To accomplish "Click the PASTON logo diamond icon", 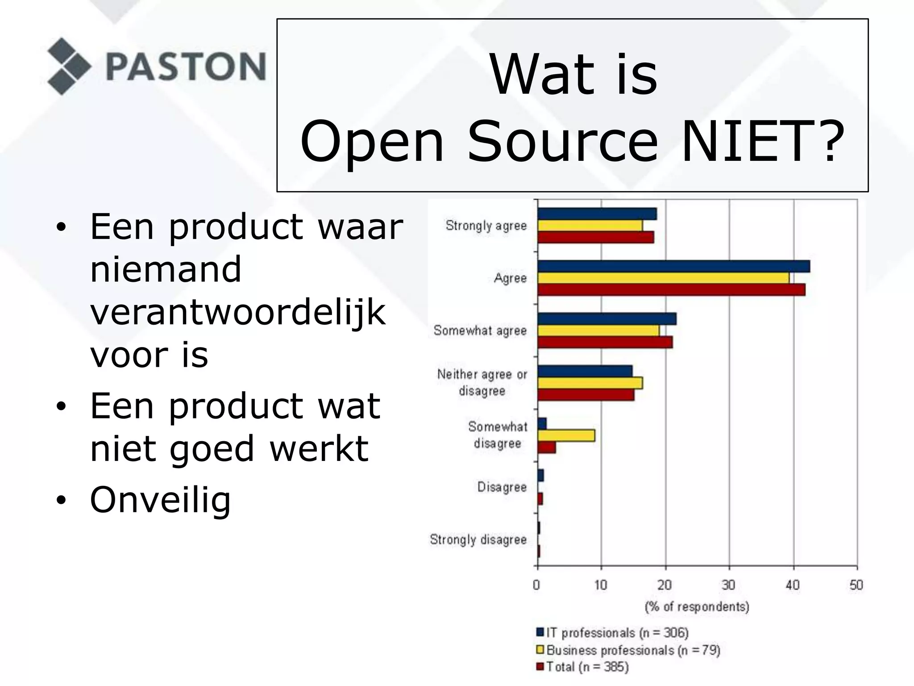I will click(x=68, y=66).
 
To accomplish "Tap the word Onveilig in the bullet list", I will click(x=160, y=500).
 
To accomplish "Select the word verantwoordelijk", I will click(x=237, y=312).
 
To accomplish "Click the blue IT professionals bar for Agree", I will click(x=673, y=266).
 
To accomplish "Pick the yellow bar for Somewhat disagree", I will click(x=566, y=435).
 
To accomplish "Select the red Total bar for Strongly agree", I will click(x=595, y=237).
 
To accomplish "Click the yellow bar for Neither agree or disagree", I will click(x=590, y=383).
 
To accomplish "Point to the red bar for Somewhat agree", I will click(x=605, y=343).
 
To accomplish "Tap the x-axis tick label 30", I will click(x=728, y=585).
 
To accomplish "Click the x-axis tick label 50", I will click(x=856, y=585).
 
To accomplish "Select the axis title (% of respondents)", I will click(x=697, y=607).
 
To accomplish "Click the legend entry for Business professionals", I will click(x=633, y=650).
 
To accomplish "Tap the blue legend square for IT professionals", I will click(x=540, y=632).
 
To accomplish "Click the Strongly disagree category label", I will click(x=478, y=540).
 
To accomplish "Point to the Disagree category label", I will click(x=502, y=487).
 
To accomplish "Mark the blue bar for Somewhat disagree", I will click(x=542, y=423).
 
